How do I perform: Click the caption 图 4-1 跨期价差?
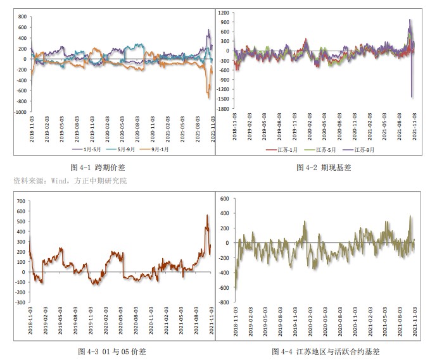pos(98,168)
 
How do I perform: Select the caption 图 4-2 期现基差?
pos(323,168)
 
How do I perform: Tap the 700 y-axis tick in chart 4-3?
pos(20,202)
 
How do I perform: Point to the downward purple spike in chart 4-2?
pos(411,95)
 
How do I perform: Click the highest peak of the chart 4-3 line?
pos(206,216)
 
